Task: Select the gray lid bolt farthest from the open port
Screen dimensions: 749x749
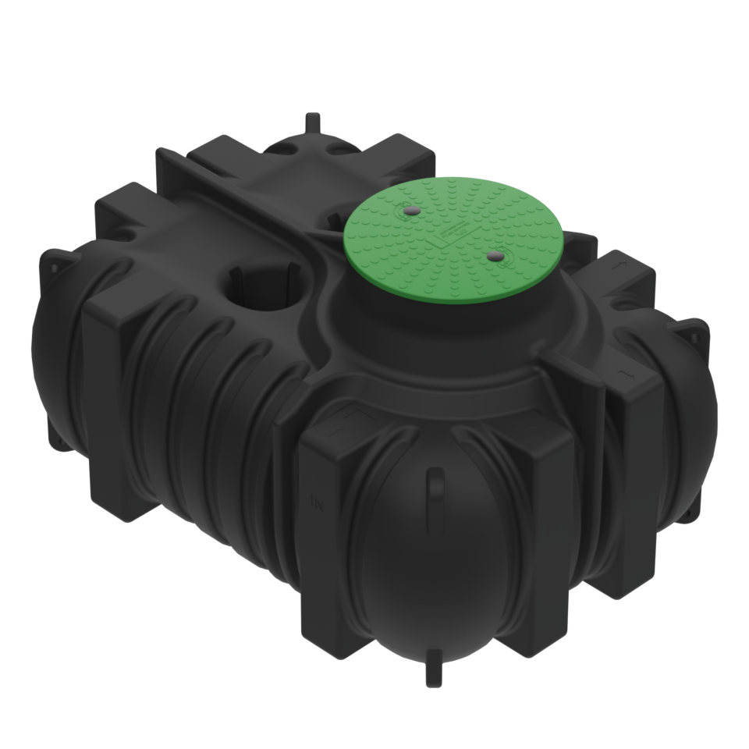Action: click(x=493, y=255)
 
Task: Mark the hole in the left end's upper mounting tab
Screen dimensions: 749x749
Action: click(x=55, y=265)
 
